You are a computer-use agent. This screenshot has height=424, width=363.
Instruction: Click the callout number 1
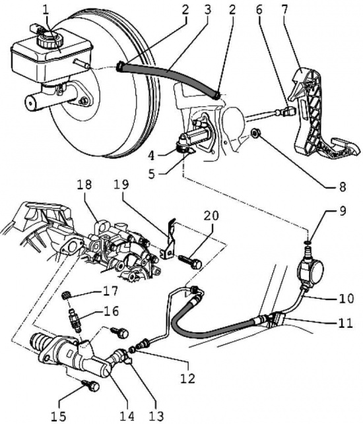(46, 11)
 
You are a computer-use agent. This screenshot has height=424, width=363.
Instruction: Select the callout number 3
(207, 10)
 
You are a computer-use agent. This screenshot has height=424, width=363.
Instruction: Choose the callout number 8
(342, 187)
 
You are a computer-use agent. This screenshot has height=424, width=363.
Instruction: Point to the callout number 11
(346, 322)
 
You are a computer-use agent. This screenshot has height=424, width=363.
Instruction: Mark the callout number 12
(188, 378)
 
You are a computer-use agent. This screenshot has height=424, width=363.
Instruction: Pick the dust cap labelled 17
(65, 295)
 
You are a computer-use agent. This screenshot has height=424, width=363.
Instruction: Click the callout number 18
(84, 185)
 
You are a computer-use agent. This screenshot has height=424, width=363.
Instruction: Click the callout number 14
(127, 416)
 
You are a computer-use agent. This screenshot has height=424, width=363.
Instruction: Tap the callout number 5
(152, 173)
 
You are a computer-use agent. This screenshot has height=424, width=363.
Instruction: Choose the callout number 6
(259, 10)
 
